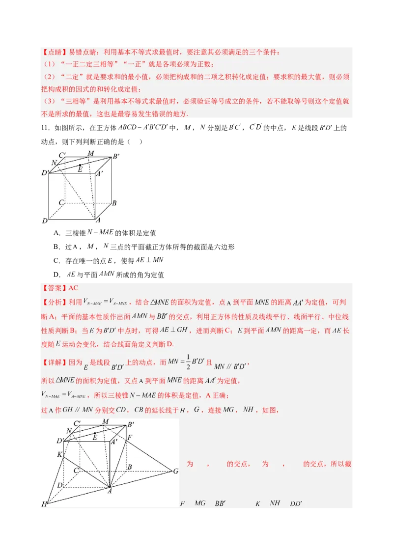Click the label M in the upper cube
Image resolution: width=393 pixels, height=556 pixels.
pos(90,153)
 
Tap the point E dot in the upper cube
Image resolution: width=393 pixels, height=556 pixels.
pos(81,166)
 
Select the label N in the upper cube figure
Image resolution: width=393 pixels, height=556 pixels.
pos(54,163)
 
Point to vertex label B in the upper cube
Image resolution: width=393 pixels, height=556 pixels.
pos(114,202)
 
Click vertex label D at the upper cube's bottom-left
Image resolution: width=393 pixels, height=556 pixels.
pos(44,221)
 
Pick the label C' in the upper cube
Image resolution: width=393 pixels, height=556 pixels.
pos(62,156)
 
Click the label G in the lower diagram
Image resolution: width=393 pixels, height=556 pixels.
pos(175,472)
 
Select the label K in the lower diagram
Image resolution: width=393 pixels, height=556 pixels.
pos(59,455)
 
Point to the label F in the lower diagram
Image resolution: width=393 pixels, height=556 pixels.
pos(129,437)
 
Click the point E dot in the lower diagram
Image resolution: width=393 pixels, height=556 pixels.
pos(95,434)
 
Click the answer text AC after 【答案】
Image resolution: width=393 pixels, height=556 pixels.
pos(74,288)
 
